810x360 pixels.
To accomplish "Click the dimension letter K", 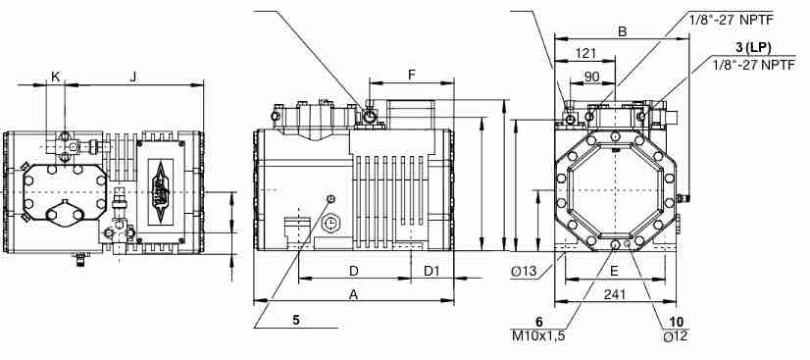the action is click(56, 77).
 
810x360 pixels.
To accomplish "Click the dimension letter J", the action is click(133, 77).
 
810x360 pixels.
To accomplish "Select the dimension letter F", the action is click(411, 75).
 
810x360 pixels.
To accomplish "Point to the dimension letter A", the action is click(353, 294).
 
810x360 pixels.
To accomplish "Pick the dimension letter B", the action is click(623, 31).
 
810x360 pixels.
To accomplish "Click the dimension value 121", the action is click(585, 53).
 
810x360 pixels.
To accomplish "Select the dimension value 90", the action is click(591, 77).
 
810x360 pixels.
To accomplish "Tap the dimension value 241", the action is click(615, 294).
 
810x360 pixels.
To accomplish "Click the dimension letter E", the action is click(614, 271).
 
